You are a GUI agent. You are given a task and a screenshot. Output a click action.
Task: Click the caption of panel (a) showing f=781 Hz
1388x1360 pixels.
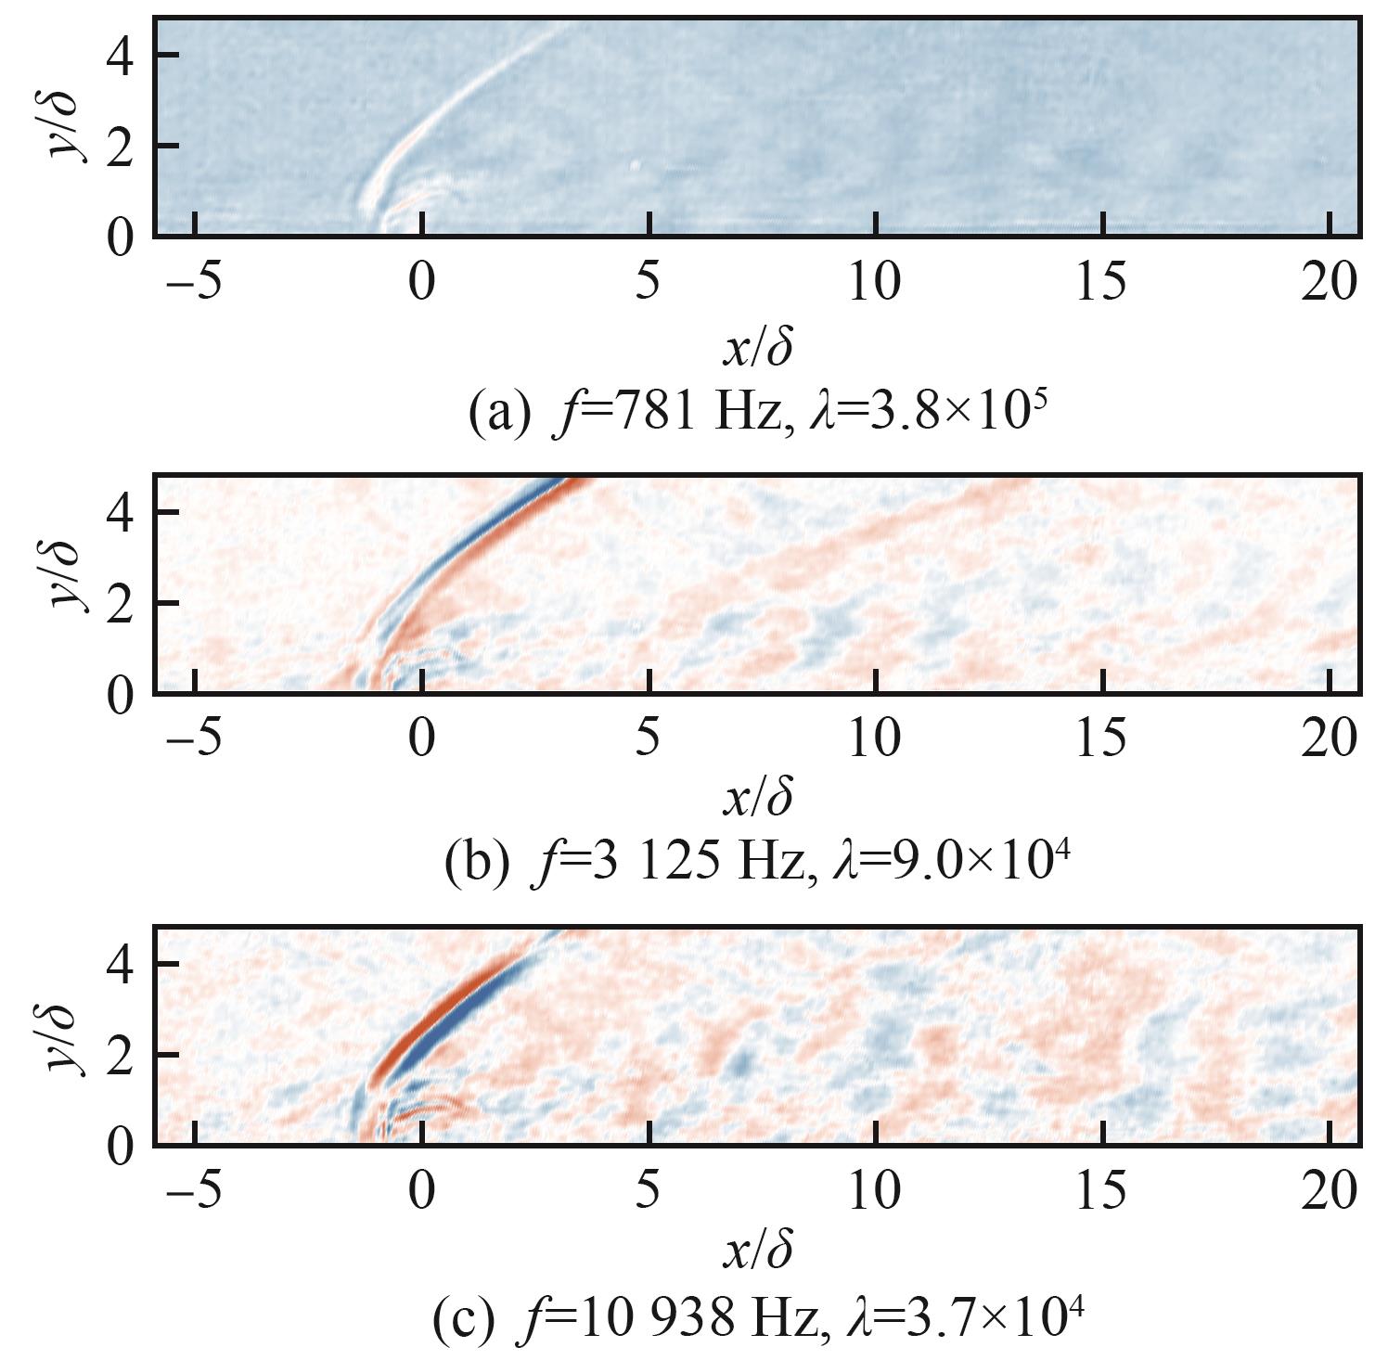[x=758, y=411]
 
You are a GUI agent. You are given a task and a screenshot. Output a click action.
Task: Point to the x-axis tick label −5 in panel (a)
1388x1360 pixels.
[x=194, y=281]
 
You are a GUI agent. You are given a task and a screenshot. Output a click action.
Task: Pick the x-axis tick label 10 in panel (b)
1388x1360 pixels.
[x=876, y=738]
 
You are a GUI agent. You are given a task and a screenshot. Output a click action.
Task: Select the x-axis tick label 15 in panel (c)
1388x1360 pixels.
[x=1102, y=1190]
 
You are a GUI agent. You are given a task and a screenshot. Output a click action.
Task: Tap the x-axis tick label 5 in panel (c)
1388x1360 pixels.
[x=649, y=1190]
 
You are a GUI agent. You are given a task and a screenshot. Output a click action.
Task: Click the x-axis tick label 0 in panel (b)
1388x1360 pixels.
[x=422, y=738]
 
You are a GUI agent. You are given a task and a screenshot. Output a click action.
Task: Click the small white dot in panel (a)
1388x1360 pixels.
[x=636, y=166]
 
